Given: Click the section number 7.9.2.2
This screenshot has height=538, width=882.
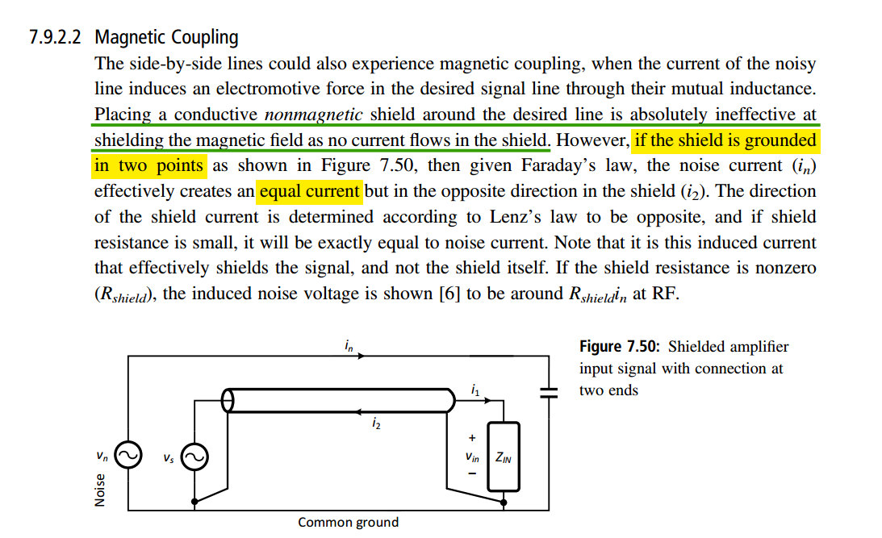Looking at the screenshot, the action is pos(55,37).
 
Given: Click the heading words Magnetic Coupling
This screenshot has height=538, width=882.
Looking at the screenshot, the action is pos(166,38).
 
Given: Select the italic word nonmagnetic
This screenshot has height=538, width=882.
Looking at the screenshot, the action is pos(313,114).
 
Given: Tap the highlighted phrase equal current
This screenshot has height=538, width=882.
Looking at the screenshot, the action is pos(309,191).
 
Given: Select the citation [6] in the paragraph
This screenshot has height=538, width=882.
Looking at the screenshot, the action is pos(449,294).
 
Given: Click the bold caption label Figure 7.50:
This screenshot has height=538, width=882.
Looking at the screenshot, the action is pos(620,346).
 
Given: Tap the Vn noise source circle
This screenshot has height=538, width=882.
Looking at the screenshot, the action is pos(128,455).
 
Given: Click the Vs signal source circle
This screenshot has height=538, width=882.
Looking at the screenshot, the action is pos(194,457).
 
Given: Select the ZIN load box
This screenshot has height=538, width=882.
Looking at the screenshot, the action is pos(504,457).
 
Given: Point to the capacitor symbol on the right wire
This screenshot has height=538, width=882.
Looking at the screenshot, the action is pos(549,392).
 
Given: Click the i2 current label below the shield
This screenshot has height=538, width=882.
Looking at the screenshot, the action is pos(376,423).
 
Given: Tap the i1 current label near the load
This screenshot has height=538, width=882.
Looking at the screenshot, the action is pos(475,390).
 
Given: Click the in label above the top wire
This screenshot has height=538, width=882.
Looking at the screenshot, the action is pos(349,346).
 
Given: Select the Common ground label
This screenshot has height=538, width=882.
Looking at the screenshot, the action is pos(348,522).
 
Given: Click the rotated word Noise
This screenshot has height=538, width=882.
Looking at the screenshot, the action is pos(99,490).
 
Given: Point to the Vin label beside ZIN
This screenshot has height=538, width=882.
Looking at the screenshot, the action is pos(472,457).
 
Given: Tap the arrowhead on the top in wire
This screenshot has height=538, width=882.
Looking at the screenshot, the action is pos(362,356).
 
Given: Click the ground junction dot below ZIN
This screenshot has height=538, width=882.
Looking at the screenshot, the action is pos(504,503).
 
